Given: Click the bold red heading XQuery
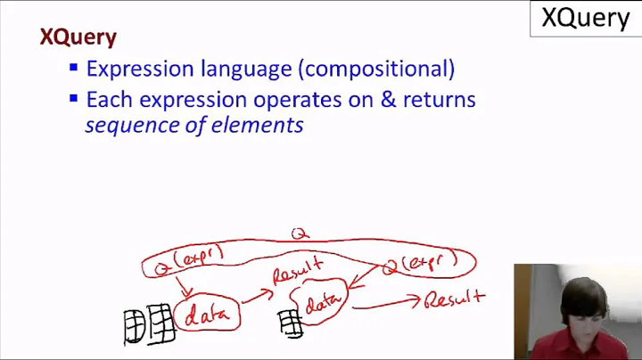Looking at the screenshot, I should click(x=78, y=37).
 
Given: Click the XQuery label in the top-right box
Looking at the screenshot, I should click(x=585, y=18).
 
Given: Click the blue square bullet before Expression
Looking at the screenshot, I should click(x=74, y=68).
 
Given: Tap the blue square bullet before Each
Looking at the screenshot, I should click(x=74, y=98).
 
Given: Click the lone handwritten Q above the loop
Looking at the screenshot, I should click(x=300, y=233).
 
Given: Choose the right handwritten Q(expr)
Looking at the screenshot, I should click(x=418, y=262).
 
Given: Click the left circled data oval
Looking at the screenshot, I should click(x=207, y=314).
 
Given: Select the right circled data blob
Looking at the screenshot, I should click(x=322, y=306).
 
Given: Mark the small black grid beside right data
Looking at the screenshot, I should click(x=290, y=323).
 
